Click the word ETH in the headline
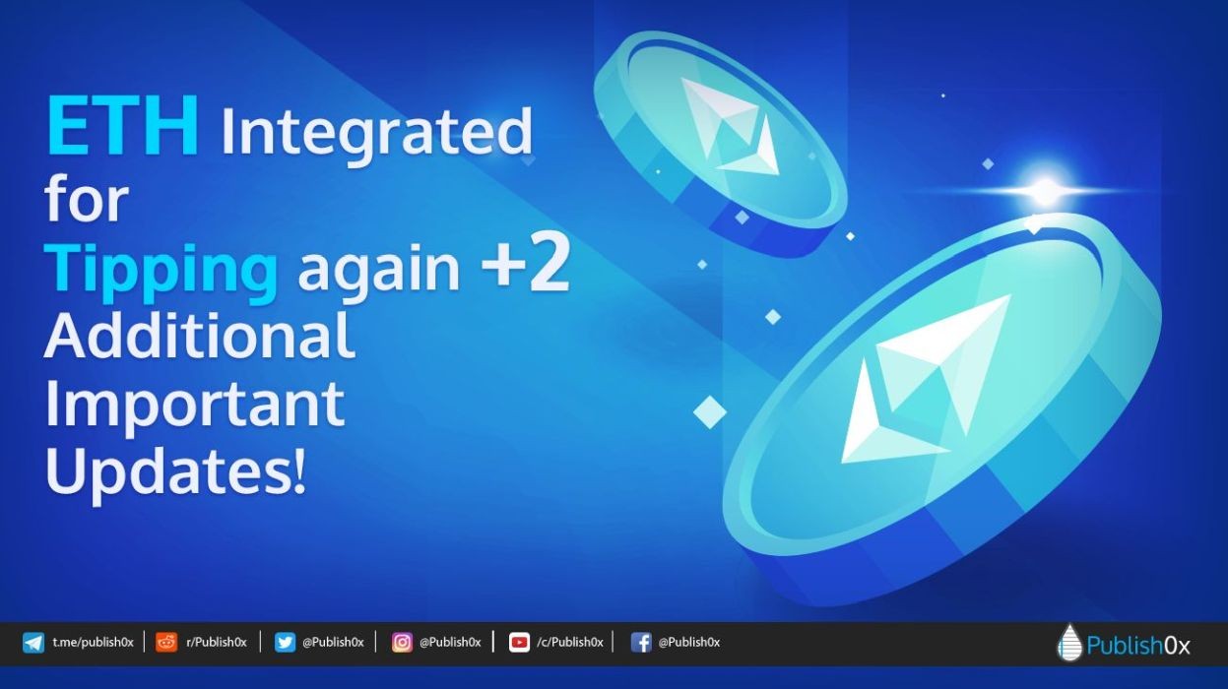[x=123, y=126]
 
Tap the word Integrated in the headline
[x=376, y=133]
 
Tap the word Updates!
[x=175, y=472]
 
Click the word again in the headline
[x=379, y=273]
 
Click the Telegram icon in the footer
[x=33, y=643]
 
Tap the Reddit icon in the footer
[x=166, y=643]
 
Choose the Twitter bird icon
[x=285, y=643]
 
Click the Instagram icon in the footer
[x=402, y=643]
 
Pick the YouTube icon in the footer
[x=519, y=643]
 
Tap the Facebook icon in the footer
[x=641, y=643]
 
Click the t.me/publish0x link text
[x=94, y=643]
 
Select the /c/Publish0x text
[x=570, y=643]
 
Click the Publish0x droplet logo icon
[x=1069, y=642]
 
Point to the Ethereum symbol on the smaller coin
[x=729, y=128]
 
